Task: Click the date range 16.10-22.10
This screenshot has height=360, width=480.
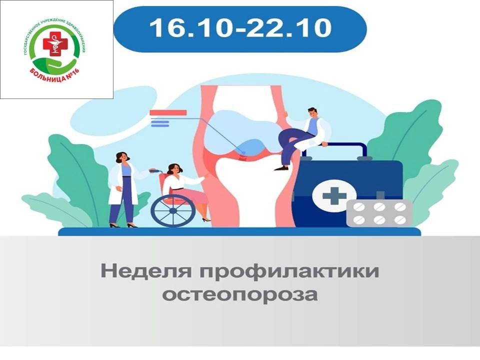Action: [240, 27]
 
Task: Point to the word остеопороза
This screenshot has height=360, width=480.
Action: [239, 295]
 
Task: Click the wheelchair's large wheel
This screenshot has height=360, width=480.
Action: [173, 210]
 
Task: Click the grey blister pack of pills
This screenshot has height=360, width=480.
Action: [379, 213]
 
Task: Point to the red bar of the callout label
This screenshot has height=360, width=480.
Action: [168, 112]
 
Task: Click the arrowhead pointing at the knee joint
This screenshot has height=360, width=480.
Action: [243, 152]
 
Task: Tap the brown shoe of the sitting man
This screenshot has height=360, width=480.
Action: [281, 168]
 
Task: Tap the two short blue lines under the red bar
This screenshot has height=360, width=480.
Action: [160, 123]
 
